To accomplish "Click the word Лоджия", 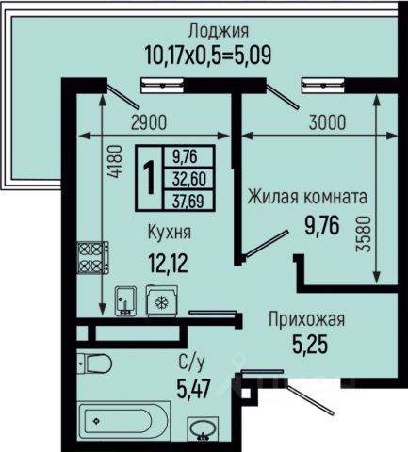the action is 219,32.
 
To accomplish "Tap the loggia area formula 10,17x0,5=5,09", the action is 208,55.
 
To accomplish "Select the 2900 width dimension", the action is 149,122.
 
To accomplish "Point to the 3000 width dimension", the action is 327,122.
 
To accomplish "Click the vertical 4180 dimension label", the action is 114,162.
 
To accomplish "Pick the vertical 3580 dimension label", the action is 364,234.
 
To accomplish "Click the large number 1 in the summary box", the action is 150,178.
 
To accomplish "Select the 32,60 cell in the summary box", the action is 189,179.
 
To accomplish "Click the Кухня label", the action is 170,233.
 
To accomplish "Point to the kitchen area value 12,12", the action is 169,264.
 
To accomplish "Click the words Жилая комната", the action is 307,197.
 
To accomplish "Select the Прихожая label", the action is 306,319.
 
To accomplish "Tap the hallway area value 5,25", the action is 310,344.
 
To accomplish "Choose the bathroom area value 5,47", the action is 193,388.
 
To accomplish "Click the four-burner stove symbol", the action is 93,258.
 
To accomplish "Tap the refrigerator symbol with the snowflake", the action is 162,301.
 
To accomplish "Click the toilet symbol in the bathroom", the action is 94,363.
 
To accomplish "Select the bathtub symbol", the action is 124,421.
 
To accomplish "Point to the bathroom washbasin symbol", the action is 203,429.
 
